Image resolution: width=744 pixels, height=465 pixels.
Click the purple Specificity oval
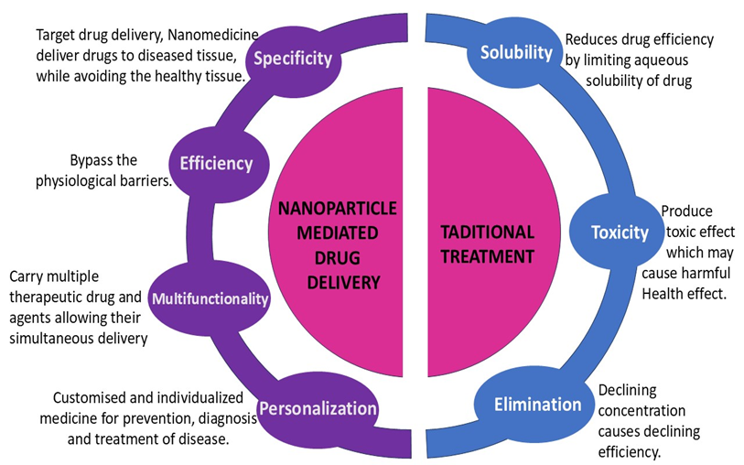point(292,60)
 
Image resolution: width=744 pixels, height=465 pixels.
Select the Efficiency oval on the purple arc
point(216,164)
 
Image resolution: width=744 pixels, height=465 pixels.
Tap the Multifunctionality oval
point(210,298)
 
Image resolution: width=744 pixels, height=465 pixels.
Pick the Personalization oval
point(318,408)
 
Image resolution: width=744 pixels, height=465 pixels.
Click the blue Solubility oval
point(517,52)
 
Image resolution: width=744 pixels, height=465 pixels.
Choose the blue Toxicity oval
point(619,232)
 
